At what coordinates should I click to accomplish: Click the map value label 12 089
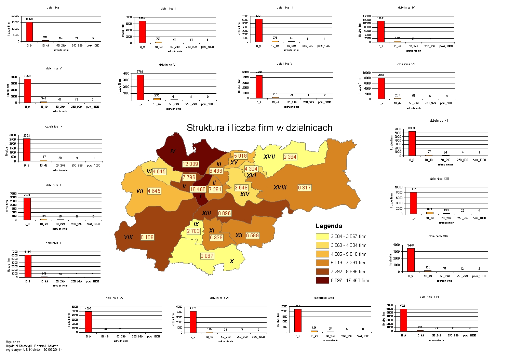190,164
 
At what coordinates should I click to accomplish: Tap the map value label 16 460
198,189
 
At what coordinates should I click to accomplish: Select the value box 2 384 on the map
290,157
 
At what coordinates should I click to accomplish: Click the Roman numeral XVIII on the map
280,187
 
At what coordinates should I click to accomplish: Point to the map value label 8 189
147,237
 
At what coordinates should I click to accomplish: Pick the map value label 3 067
207,256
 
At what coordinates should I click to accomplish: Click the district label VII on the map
140,191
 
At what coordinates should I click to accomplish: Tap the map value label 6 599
252,236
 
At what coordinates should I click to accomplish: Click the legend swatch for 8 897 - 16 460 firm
322,280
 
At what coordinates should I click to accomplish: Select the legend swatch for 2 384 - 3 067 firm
322,236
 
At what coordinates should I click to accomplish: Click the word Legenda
329,226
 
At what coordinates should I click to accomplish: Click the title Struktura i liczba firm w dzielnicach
259,128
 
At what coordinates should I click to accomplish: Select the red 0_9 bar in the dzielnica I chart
29,31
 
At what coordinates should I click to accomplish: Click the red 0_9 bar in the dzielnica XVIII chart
403,320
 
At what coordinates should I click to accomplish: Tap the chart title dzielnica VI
168,65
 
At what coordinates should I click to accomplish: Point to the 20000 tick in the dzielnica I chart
16,16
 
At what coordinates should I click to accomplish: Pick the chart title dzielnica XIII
439,179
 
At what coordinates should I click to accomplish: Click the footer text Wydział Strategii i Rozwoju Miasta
32,346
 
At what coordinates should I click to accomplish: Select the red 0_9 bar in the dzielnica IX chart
27,149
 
